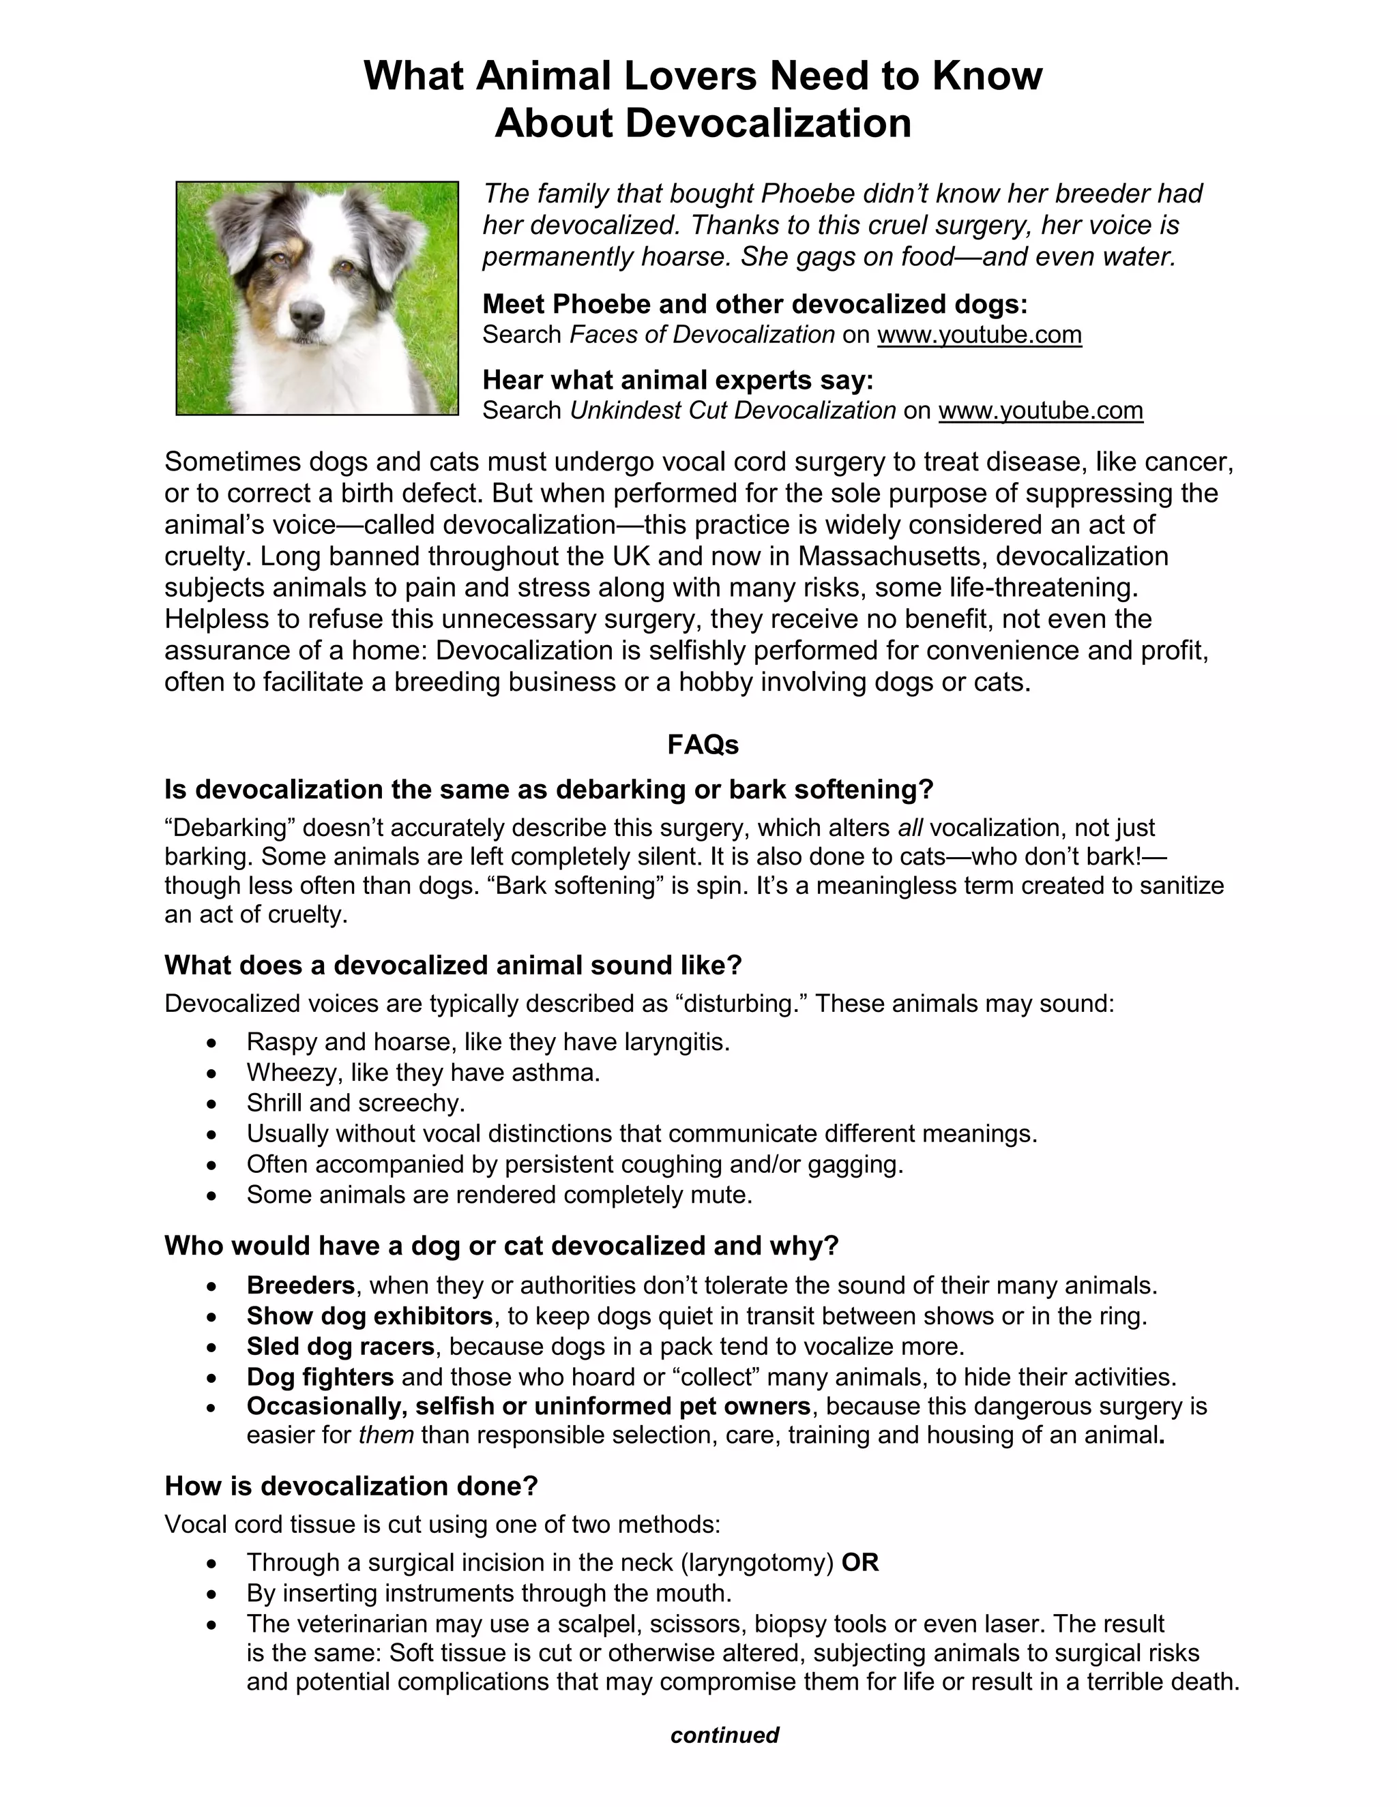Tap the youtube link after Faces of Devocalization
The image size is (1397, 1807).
pyautogui.click(x=979, y=334)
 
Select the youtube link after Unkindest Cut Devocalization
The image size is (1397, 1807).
pyautogui.click(x=1040, y=410)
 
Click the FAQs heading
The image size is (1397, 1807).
pyautogui.click(x=703, y=745)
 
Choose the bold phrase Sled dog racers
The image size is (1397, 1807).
pyautogui.click(x=340, y=1346)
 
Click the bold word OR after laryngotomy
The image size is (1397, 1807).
pyautogui.click(x=860, y=1562)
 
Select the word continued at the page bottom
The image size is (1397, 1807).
pyautogui.click(x=724, y=1734)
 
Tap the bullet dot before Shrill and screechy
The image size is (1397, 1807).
pyautogui.click(x=213, y=1104)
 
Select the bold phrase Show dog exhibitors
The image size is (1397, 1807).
pyautogui.click(x=370, y=1315)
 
